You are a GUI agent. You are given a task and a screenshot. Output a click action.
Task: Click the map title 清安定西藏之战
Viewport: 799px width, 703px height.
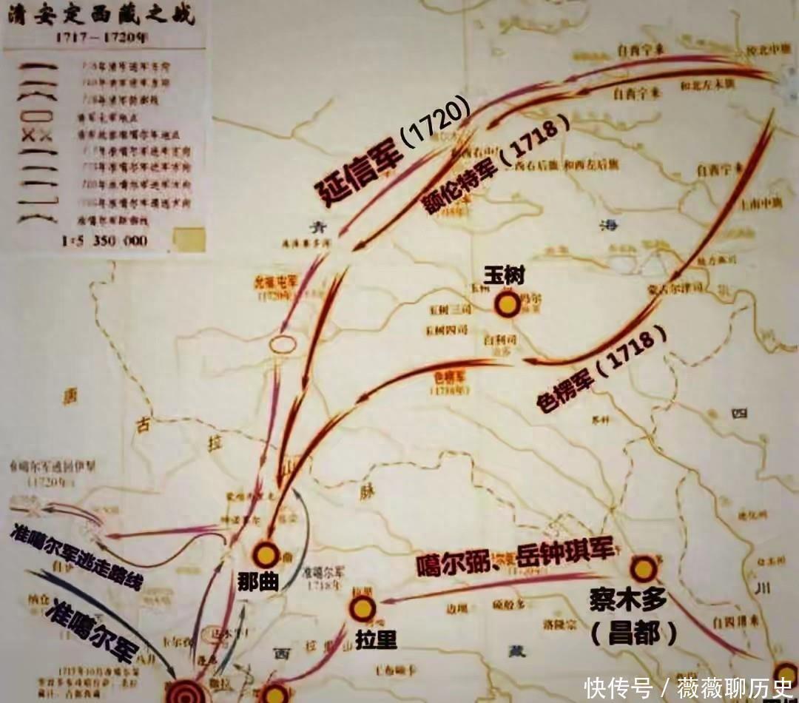pos(104,15)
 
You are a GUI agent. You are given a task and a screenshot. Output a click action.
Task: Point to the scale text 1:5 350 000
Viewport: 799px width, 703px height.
pos(104,240)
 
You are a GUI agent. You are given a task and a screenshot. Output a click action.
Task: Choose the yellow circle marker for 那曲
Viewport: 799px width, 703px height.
pos(266,554)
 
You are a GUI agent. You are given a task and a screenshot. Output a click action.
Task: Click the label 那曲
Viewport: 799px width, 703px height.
pos(259,582)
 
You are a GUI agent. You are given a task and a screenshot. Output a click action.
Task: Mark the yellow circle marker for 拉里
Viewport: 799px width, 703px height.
pos(362,608)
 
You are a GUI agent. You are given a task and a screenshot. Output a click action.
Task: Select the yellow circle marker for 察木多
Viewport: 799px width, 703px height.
pos(642,569)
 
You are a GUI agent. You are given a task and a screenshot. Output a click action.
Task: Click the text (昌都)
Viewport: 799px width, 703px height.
pos(635,633)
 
